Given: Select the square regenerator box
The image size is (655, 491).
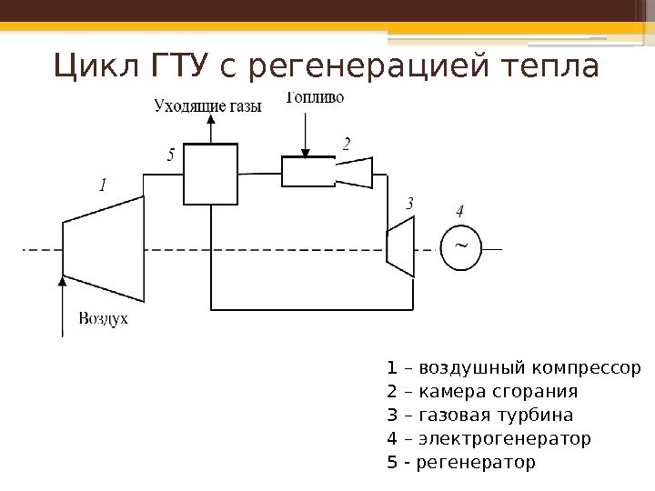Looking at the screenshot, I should click(211, 174).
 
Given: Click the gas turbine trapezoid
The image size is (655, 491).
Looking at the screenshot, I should click(400, 246).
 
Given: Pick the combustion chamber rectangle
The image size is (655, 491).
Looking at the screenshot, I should click(310, 171).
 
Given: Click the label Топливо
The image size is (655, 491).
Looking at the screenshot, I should click(316, 98).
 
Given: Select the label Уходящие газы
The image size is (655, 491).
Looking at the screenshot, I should click(208, 105).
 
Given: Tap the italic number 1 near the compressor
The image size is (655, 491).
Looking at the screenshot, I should click(102, 185).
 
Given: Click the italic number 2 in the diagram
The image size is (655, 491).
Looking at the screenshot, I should click(347, 143).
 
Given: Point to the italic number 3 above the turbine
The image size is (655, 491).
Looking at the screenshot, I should click(410, 204).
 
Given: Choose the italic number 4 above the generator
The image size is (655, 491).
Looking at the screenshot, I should click(460, 210).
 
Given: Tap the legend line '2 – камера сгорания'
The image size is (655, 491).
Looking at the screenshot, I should click(482, 392).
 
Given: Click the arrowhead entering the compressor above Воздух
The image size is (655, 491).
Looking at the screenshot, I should click(62, 283).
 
